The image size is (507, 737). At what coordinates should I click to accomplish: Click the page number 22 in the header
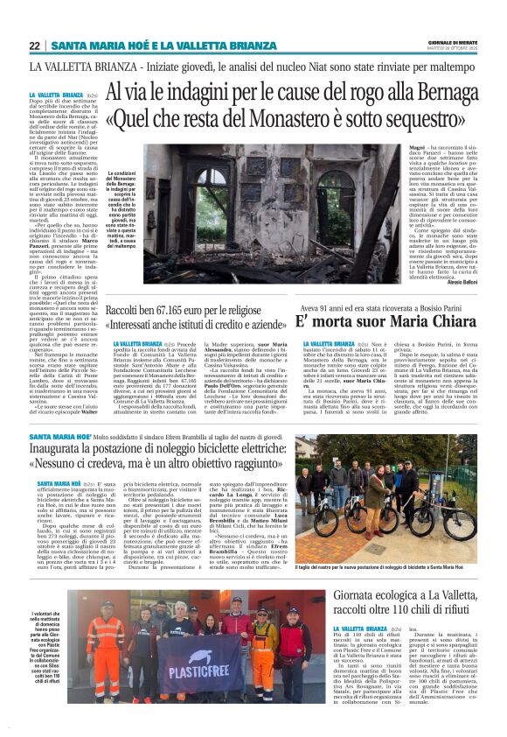click(36, 46)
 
